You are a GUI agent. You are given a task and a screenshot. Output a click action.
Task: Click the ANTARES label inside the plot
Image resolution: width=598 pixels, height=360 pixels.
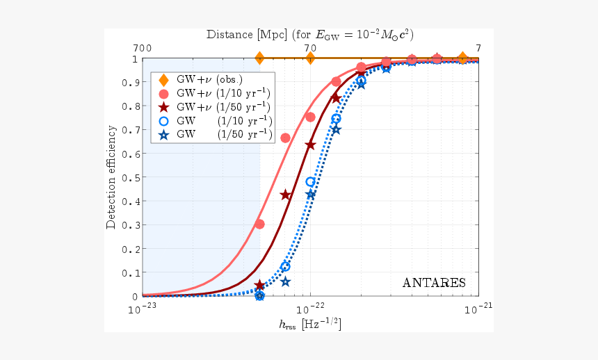(x=434, y=283)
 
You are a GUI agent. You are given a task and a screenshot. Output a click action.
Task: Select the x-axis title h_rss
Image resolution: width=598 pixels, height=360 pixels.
(x=310, y=324)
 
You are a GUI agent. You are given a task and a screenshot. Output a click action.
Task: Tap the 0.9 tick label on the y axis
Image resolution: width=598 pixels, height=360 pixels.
(x=131, y=83)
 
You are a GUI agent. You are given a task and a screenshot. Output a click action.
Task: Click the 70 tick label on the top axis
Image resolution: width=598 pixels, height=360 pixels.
(x=310, y=48)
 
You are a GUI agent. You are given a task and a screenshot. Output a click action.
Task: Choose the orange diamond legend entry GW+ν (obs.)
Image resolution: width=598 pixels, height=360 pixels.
(x=209, y=79)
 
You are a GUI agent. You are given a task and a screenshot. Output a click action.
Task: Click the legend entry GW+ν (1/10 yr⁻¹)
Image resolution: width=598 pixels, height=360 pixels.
(x=216, y=93)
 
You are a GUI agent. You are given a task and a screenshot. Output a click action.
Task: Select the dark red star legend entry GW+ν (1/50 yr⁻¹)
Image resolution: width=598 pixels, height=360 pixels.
(x=216, y=107)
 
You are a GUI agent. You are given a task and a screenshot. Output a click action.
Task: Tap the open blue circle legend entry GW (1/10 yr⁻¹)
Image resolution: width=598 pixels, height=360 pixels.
(x=216, y=121)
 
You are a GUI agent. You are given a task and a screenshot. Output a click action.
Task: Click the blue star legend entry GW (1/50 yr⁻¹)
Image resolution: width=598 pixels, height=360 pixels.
(x=216, y=135)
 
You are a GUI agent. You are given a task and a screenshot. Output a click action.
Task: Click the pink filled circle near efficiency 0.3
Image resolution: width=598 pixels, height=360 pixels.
(x=259, y=224)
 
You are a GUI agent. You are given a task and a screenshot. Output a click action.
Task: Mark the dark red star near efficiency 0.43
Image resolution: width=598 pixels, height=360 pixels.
(x=285, y=195)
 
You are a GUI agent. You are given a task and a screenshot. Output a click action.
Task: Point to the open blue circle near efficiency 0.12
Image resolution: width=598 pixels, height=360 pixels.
(x=285, y=267)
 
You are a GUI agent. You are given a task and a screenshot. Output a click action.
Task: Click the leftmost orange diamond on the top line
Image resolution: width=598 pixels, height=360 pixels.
(x=259, y=58)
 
